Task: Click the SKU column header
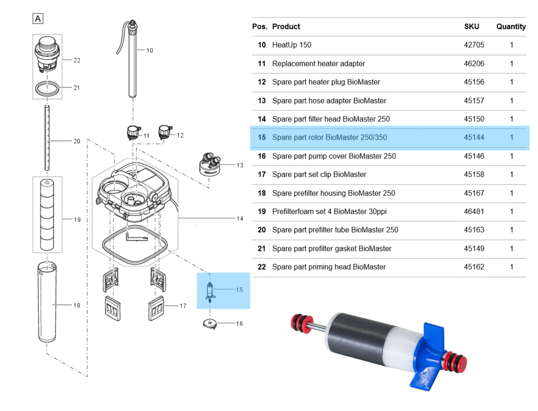coord(471,26)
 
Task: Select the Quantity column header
coord(511,26)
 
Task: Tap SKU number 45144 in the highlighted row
coord(474,137)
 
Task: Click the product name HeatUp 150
coord(291,45)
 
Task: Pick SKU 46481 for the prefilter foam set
coord(474,211)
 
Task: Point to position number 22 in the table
coord(261,267)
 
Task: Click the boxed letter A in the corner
coord(38,19)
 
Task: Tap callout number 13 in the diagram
coord(240,165)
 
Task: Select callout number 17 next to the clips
coord(182,306)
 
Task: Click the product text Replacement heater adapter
coord(318,64)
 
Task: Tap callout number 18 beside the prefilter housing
coord(77,306)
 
